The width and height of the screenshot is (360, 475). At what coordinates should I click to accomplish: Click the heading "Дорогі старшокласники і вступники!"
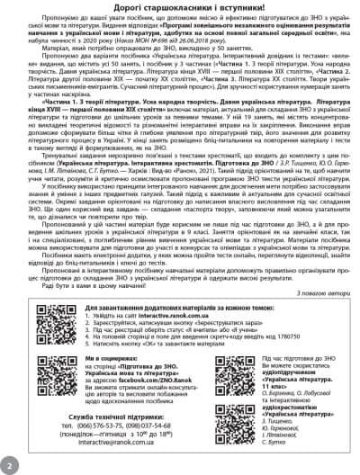180,9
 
